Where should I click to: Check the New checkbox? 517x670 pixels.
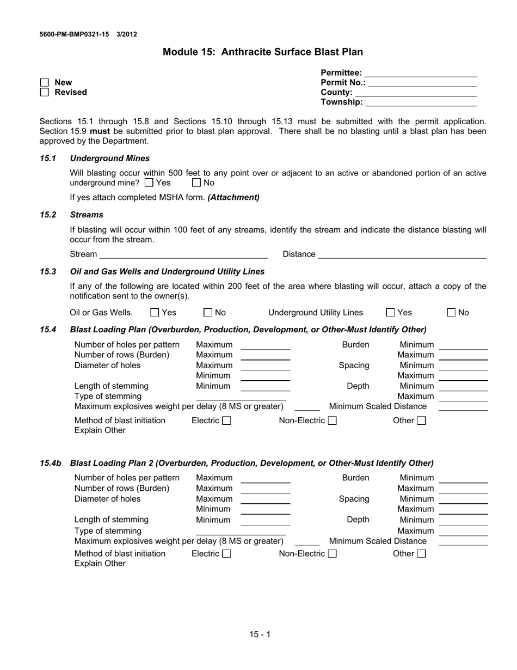pos(44,83)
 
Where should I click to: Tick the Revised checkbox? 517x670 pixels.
pos(44,93)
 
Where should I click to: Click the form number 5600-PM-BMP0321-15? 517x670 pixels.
pos(74,34)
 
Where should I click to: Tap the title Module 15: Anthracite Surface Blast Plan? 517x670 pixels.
pos(262,52)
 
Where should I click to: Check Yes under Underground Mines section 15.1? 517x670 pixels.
pos(149,183)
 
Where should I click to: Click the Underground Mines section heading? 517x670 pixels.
pos(110,159)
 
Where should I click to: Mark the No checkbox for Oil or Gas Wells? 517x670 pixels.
pos(208,313)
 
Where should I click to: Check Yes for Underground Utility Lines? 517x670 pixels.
pos(390,313)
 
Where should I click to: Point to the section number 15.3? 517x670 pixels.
pos(48,271)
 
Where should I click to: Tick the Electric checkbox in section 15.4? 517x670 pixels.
pos(227,421)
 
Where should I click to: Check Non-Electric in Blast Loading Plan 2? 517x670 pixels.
pos(333,554)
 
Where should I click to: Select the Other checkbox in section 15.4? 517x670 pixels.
pos(421,421)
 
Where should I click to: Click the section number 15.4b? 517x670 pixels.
pos(50,463)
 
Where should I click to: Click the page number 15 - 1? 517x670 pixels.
pos(260,634)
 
